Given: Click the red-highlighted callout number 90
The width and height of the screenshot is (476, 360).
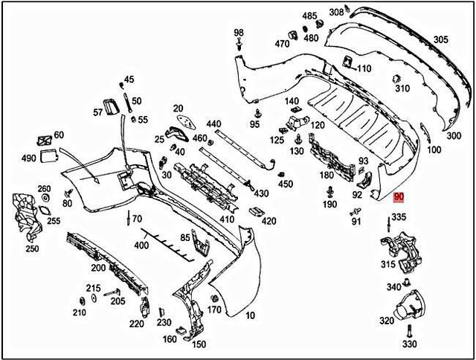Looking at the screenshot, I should click(x=399, y=196).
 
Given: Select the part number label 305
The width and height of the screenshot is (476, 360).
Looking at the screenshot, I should click(x=441, y=39).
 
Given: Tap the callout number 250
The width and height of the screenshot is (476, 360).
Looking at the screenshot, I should click(x=33, y=248).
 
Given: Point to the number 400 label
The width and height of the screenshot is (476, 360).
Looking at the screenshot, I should click(x=141, y=245).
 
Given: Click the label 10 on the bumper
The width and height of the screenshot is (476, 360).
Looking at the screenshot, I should click(x=250, y=316).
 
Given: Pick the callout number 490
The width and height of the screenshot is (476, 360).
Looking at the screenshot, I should click(x=29, y=159).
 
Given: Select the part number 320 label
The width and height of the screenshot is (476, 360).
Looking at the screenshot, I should click(x=387, y=321).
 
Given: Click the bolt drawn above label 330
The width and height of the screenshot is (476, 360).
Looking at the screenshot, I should click(x=408, y=331).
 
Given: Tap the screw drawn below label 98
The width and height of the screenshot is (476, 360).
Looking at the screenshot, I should click(x=239, y=47).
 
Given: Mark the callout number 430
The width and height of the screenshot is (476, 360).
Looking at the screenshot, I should click(x=261, y=193).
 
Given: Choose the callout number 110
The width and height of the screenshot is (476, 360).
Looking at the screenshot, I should click(x=364, y=69).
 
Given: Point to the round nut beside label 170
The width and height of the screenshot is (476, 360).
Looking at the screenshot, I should click(x=213, y=298).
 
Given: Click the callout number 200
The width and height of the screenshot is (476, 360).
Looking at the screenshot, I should click(x=98, y=268).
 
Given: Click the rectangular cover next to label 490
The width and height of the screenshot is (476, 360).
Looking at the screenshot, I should click(x=50, y=155).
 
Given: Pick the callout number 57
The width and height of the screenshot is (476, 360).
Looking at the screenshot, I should click(x=98, y=112).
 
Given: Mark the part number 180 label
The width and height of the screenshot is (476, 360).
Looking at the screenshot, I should click(x=327, y=175).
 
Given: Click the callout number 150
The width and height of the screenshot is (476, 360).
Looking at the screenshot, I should click(x=199, y=344).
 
